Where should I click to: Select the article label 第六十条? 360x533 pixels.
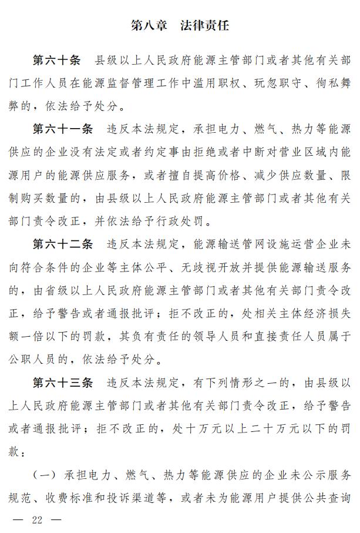pyautogui.click(x=56, y=61)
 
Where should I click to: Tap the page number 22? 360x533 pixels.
pyautogui.click(x=39, y=519)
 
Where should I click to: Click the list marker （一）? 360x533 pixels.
pyautogui.click(x=45, y=474)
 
